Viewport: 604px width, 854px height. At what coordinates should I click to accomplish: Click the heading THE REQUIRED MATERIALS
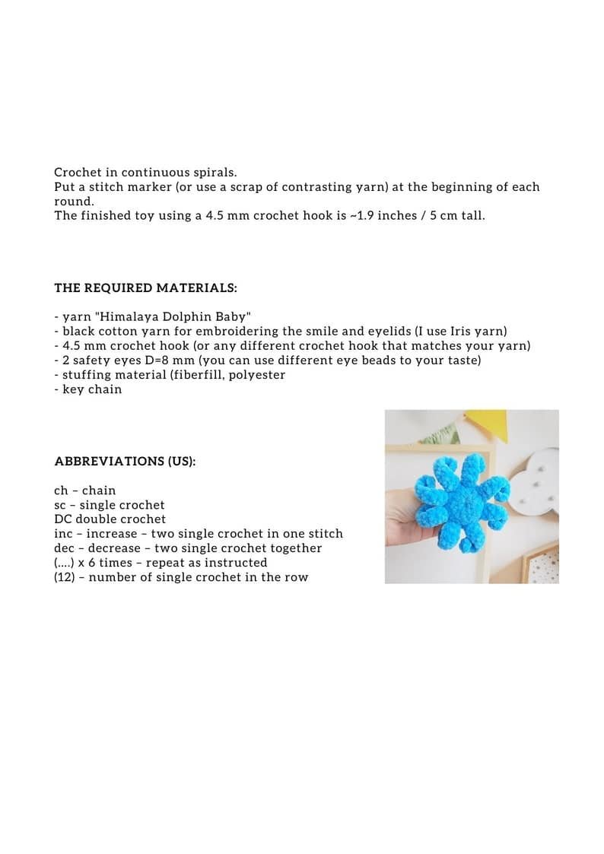point(145,288)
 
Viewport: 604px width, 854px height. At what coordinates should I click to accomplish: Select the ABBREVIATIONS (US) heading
point(125,462)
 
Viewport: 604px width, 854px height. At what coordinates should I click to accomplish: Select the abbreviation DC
point(63,519)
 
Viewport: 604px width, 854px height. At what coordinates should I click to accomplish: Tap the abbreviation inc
point(63,534)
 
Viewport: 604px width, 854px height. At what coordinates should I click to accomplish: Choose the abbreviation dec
point(65,548)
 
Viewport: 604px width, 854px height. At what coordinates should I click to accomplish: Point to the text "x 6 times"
point(116,563)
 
